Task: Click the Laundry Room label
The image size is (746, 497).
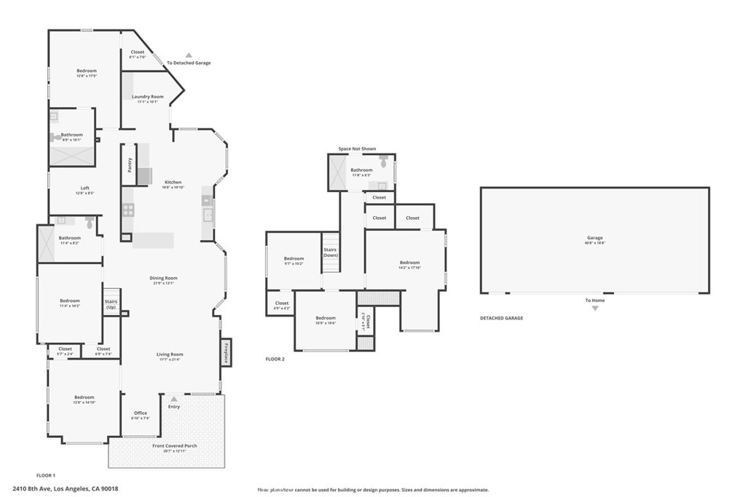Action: pos(147,97)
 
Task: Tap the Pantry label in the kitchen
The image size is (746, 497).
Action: pos(130,165)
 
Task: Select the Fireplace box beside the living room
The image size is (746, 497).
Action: pos(227,353)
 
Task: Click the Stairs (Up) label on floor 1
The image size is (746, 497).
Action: pos(111,304)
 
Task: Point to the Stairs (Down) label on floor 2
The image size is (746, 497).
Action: pos(331,252)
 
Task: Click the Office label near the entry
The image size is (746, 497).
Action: pos(141,413)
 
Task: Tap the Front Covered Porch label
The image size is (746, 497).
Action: pos(175,446)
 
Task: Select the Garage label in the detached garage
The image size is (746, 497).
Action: pos(595,238)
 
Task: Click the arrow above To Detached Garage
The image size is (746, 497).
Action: pos(188,55)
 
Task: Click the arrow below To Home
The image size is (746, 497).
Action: pos(594,309)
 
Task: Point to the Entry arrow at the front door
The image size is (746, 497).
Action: pos(173,398)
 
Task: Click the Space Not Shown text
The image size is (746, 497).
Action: pos(357,148)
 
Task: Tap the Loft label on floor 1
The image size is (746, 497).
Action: pos(85,188)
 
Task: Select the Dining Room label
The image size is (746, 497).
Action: pos(163,278)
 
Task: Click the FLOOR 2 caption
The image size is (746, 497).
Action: pos(275,359)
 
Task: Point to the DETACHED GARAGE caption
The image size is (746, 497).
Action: pos(501,318)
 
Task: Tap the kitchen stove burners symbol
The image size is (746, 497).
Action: pos(128,210)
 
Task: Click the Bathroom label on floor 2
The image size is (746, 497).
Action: pos(361,170)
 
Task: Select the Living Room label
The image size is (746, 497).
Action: pos(169,354)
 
